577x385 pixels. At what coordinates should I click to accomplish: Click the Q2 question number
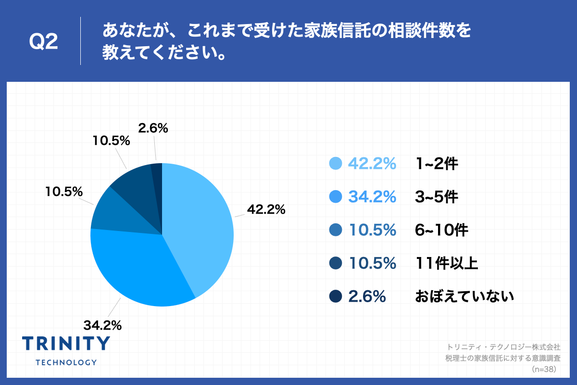44,42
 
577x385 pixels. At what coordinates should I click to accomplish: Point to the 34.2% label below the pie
102,325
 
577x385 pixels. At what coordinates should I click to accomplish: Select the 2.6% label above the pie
153,128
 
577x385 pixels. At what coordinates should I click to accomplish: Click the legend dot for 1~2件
336,164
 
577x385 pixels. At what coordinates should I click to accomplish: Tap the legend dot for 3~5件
336,197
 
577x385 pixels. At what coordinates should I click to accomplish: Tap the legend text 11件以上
447,263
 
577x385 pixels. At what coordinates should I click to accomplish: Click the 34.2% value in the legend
372,197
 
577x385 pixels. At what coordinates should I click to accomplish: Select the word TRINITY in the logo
66,343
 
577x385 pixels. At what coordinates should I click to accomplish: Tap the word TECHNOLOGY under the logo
66,362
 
